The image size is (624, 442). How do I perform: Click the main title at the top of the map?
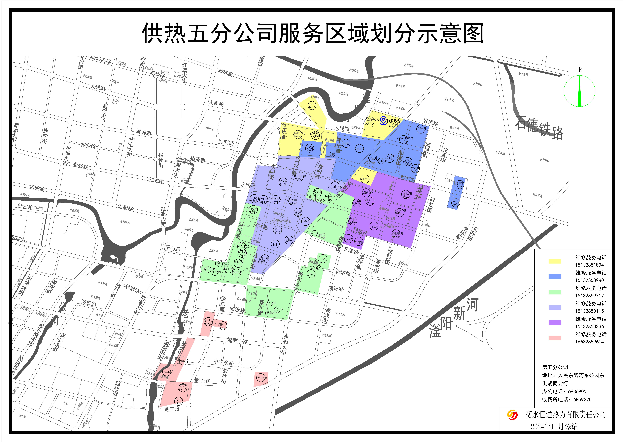(x=312, y=33)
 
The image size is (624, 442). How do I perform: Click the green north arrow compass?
(x=579, y=91)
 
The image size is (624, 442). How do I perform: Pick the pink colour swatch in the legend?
(x=555, y=338)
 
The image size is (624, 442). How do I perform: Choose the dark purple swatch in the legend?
(x=555, y=323)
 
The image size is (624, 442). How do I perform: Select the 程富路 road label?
(x=360, y=232)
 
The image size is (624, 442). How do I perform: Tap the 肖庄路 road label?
(x=172, y=409)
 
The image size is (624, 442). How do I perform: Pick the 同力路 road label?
(x=202, y=381)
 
